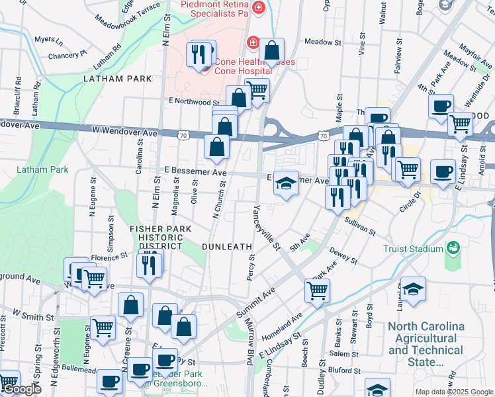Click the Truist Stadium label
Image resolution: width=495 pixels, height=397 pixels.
click(413, 249)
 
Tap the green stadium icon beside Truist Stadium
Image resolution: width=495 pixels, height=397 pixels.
click(453, 248)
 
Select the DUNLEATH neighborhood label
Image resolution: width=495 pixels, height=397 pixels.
click(231, 246)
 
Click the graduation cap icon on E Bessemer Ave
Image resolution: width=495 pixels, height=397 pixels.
click(286, 183)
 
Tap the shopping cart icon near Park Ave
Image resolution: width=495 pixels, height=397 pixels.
click(318, 290)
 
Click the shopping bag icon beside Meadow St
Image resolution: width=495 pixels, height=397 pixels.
click(272, 50)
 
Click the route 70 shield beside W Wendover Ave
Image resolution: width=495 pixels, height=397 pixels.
click(183, 135)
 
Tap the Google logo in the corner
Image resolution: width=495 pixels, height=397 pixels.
click(21, 389)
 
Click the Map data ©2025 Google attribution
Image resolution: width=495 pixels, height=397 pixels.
click(453, 392)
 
